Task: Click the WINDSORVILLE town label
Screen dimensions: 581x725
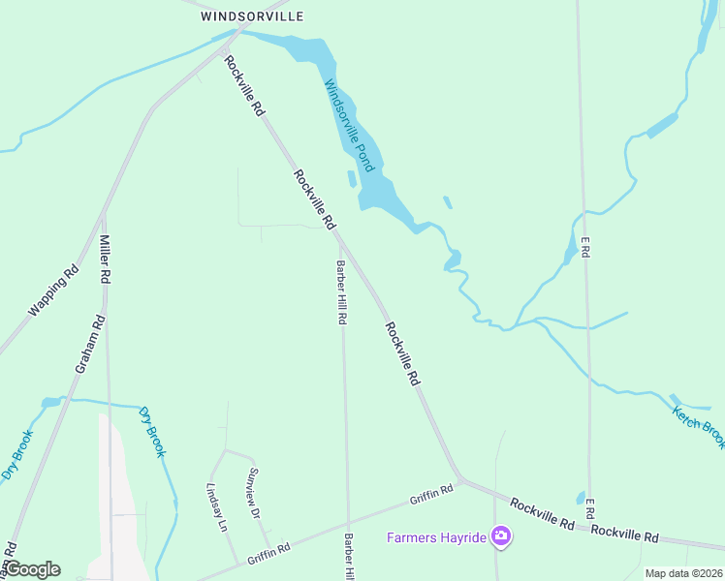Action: pyautogui.click(x=252, y=16)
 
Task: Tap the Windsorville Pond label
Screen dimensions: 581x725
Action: pyautogui.click(x=348, y=126)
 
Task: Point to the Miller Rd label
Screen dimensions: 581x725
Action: pyautogui.click(x=105, y=260)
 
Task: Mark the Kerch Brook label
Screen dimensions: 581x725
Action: pyautogui.click(x=698, y=427)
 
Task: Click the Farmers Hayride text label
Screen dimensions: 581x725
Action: pyautogui.click(x=436, y=537)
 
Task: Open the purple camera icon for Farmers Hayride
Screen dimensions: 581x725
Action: pyautogui.click(x=500, y=535)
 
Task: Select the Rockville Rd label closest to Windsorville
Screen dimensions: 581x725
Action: pyautogui.click(x=244, y=86)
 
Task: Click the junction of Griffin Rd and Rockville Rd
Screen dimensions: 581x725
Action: pyautogui.click(x=461, y=478)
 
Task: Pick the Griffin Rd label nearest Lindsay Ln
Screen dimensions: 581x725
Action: pyautogui.click(x=268, y=554)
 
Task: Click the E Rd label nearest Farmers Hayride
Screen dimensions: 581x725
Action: pyautogui.click(x=588, y=507)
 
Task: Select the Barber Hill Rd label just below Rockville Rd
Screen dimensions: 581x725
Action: pyautogui.click(x=342, y=291)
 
